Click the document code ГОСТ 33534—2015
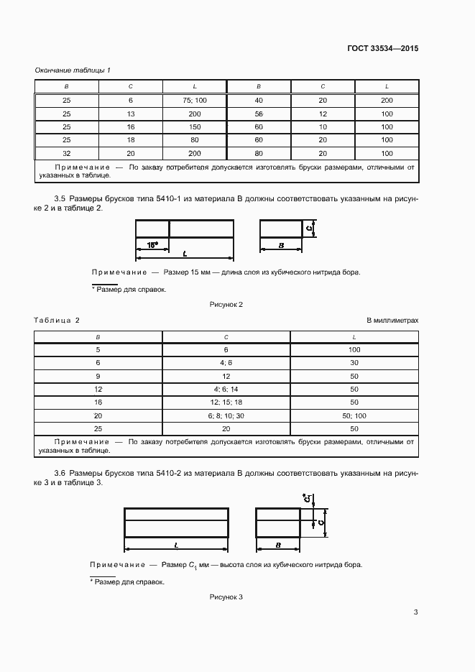pos(383,49)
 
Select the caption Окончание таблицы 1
pos(73,70)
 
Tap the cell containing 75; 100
pos(195,101)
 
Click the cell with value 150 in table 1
pos(195,127)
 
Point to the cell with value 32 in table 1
pos(67,154)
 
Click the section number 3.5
pos(60,198)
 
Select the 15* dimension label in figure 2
pos(152,245)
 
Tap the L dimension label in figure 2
pos(185,254)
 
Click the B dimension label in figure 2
pos(280,246)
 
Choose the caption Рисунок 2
pos(226,305)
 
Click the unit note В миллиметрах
pos(392,320)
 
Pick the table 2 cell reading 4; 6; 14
pos(226,390)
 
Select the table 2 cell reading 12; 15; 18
pos(226,402)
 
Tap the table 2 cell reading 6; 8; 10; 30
pos(226,416)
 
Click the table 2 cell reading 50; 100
pos(354,416)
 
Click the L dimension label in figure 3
pos(177,546)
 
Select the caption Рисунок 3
pos(226,597)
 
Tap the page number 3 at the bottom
pos(415,612)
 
